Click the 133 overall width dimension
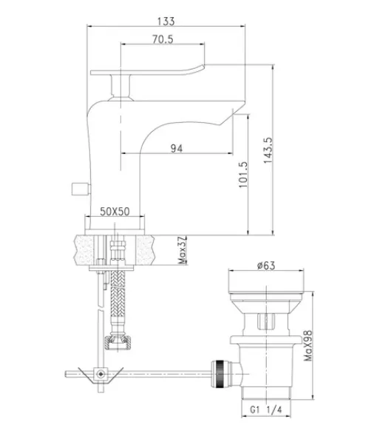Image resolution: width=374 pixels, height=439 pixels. [166, 21]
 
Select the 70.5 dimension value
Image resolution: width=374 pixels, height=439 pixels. [163, 39]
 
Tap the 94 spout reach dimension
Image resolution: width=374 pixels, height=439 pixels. [177, 148]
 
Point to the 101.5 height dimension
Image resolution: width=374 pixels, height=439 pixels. [243, 175]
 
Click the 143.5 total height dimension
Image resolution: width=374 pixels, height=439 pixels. [268, 150]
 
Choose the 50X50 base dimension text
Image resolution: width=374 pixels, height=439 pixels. [115, 212]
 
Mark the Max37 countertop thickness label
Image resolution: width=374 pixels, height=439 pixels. [182, 250]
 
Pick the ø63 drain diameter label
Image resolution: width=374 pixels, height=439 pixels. [266, 266]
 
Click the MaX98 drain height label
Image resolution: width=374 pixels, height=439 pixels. [308, 346]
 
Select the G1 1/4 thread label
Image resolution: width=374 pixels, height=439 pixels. [266, 409]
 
